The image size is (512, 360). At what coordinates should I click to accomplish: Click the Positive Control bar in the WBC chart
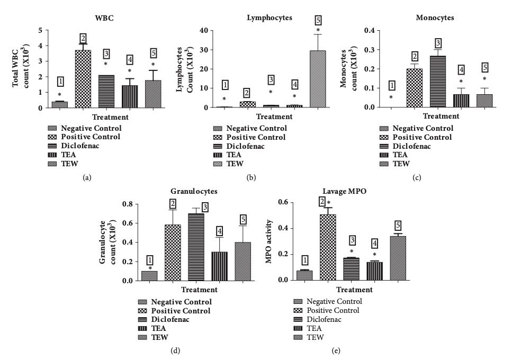83,79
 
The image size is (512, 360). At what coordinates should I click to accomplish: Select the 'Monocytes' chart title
435,17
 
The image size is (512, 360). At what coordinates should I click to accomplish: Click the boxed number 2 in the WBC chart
83,38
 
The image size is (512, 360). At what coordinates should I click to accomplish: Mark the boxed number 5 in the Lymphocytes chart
318,20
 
